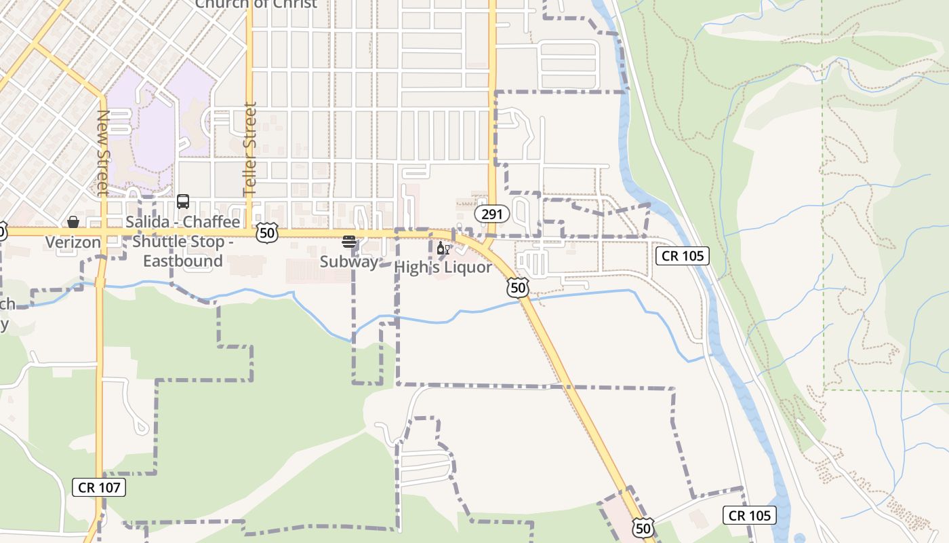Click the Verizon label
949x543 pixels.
click(73, 242)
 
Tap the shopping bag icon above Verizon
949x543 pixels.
click(73, 222)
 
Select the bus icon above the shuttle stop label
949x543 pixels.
click(183, 202)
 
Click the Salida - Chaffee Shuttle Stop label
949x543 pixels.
click(183, 241)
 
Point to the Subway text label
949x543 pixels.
click(349, 261)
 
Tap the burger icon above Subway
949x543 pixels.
click(349, 242)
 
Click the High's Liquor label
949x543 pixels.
click(443, 267)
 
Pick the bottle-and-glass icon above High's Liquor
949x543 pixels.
click(443, 248)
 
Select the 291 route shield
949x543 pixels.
click(492, 214)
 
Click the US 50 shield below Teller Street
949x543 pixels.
click(267, 233)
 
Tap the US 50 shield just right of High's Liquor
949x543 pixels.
click(517, 288)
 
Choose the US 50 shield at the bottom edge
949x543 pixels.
click(643, 527)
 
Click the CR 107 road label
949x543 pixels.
click(99, 487)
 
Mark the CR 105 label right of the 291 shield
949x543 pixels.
click(683, 256)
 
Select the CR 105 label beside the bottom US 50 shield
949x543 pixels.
click(750, 515)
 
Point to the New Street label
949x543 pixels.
click(102, 153)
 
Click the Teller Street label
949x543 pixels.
click(250, 149)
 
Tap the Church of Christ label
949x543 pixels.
click(256, 4)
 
